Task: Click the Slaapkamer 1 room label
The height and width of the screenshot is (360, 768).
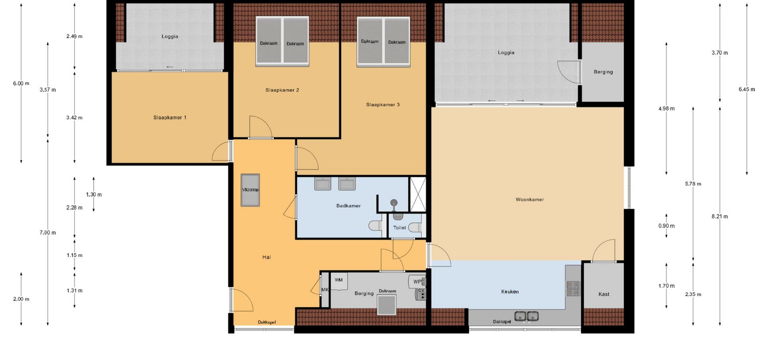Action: click(x=170, y=118)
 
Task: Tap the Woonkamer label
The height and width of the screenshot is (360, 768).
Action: click(x=530, y=200)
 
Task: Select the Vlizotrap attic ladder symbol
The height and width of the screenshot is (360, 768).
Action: click(x=250, y=190)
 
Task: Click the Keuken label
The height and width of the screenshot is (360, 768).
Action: click(x=510, y=292)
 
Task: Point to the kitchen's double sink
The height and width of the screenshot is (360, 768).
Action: click(x=526, y=316)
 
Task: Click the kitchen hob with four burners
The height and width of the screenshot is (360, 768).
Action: click(x=573, y=288)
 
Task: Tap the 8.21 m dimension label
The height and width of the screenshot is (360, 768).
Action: click(x=720, y=216)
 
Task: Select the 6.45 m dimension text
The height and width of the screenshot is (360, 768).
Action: click(x=747, y=89)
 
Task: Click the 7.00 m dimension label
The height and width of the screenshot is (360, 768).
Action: click(x=48, y=232)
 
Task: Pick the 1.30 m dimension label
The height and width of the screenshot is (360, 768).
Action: click(x=94, y=194)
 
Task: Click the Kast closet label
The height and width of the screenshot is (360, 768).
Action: click(x=604, y=294)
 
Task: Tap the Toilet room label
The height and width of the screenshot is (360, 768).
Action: click(x=399, y=228)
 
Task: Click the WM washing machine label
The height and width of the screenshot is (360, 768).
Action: click(x=338, y=280)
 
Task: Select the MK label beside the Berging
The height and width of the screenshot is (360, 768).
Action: click(x=325, y=290)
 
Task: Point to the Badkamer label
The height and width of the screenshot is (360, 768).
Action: click(x=348, y=206)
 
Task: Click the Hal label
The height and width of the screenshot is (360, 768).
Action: click(x=266, y=257)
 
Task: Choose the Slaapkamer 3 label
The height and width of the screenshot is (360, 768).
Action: click(x=383, y=105)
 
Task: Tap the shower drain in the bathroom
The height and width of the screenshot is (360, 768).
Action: click(x=394, y=203)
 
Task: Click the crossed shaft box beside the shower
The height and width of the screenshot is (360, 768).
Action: click(x=418, y=194)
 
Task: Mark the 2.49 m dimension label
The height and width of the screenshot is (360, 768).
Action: click(x=74, y=36)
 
